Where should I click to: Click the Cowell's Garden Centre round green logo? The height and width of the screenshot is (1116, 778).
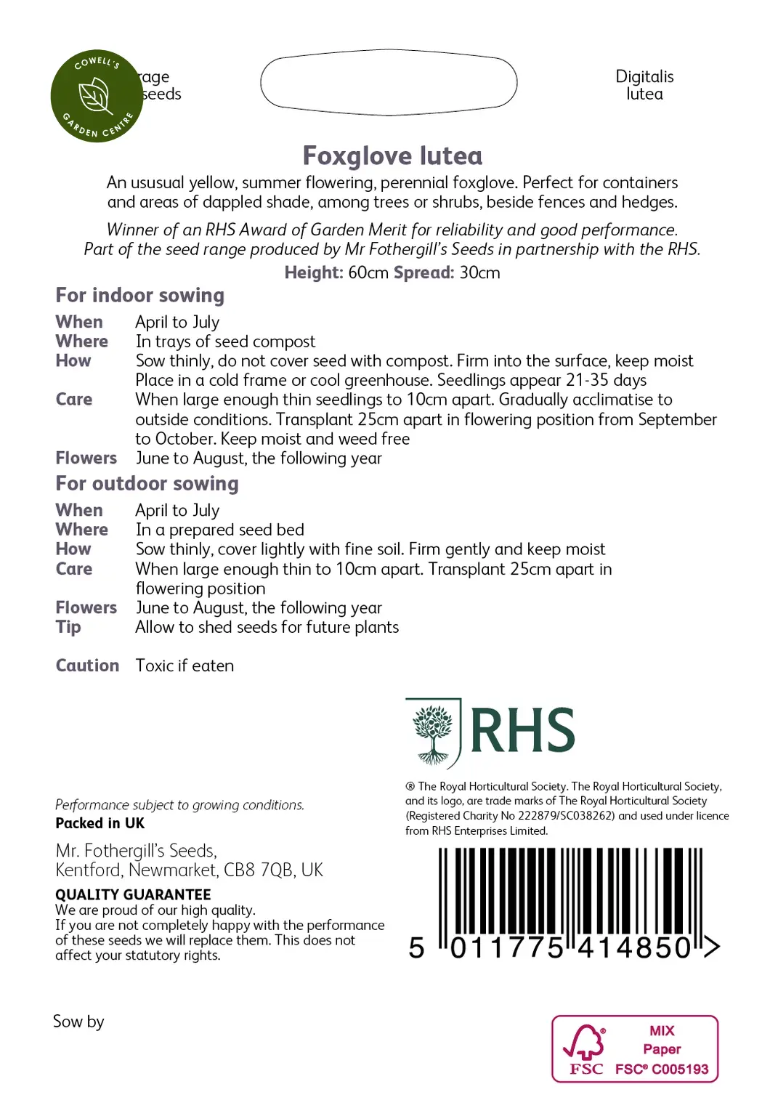pos(96,96)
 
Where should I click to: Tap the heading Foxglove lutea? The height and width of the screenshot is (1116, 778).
pos(392,156)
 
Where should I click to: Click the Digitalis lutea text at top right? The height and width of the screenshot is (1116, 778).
pos(644,85)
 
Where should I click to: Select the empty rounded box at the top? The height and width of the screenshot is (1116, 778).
pos(389,82)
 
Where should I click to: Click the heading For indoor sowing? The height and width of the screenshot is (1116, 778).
pos(140,295)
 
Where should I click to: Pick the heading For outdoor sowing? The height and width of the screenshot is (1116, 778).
pos(147,484)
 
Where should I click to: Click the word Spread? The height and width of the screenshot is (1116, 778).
pos(423,273)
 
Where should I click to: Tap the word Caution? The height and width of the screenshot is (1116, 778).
pos(87,666)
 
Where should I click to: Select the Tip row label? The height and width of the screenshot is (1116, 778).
pos(68,627)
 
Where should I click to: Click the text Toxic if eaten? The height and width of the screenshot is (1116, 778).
pos(185,666)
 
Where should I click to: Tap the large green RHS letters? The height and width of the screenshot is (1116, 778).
pos(522,731)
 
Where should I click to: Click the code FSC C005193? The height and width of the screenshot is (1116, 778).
pos(662,1069)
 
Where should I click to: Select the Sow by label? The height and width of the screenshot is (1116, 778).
pos(78,1022)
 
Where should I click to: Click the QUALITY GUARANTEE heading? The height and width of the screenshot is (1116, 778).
pos(133,894)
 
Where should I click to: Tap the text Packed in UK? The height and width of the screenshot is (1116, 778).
pos(100,823)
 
